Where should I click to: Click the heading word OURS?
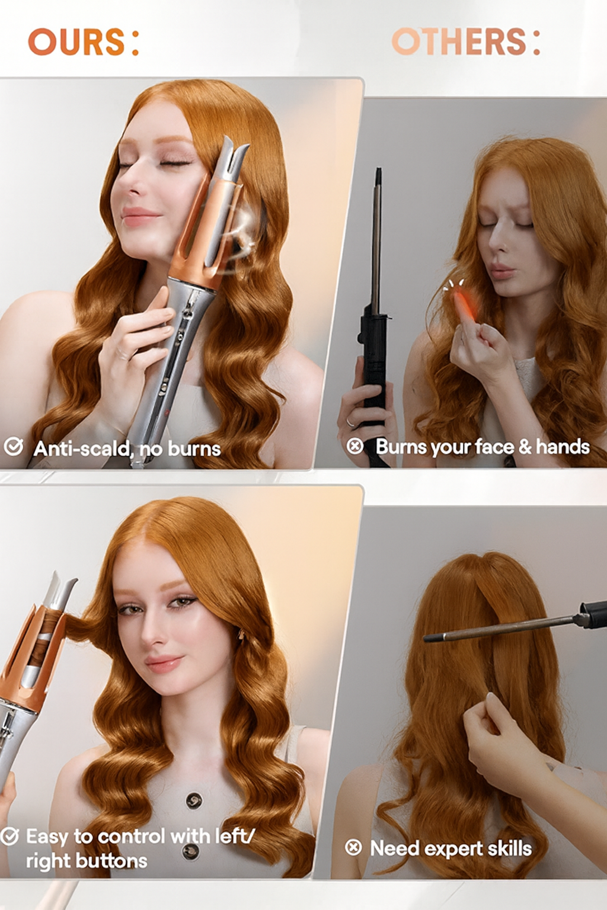click(76, 42)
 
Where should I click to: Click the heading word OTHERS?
click(459, 42)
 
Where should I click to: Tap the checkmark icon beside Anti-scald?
click(13, 447)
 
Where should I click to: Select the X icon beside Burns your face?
click(355, 446)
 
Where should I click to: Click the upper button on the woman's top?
click(193, 800)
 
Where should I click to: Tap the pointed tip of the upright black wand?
click(379, 168)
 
